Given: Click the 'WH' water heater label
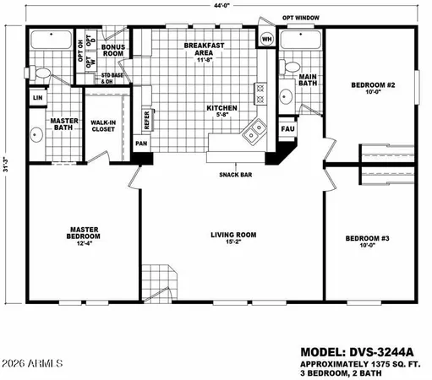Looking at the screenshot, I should (x=266, y=40).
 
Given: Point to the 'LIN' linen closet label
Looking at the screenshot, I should (x=37, y=98).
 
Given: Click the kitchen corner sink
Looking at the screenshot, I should (x=252, y=133).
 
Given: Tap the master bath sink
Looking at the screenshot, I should (x=36, y=134).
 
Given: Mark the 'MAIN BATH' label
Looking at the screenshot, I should (x=309, y=81).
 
